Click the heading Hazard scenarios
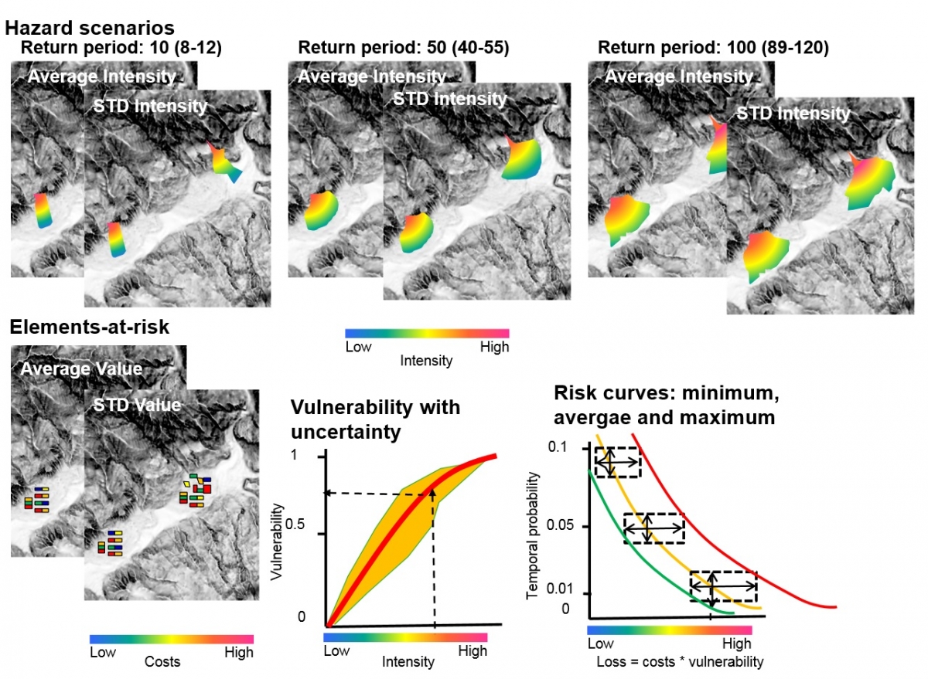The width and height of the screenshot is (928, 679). (89, 29)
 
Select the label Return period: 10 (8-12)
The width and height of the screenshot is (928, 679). (121, 48)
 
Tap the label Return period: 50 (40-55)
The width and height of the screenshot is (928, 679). (404, 48)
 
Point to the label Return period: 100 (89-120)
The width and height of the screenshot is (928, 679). (713, 48)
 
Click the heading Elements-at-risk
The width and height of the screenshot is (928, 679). (90, 327)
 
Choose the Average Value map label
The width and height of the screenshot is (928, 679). (81, 368)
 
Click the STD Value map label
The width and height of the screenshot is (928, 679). (137, 404)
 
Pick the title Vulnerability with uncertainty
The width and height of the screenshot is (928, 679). (375, 419)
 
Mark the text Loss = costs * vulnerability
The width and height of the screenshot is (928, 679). (680, 662)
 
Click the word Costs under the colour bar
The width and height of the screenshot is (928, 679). (162, 662)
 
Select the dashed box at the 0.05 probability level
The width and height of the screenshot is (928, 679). (654, 528)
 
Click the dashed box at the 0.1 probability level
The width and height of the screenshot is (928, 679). (616, 462)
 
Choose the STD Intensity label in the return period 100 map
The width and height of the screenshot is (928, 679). (793, 114)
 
